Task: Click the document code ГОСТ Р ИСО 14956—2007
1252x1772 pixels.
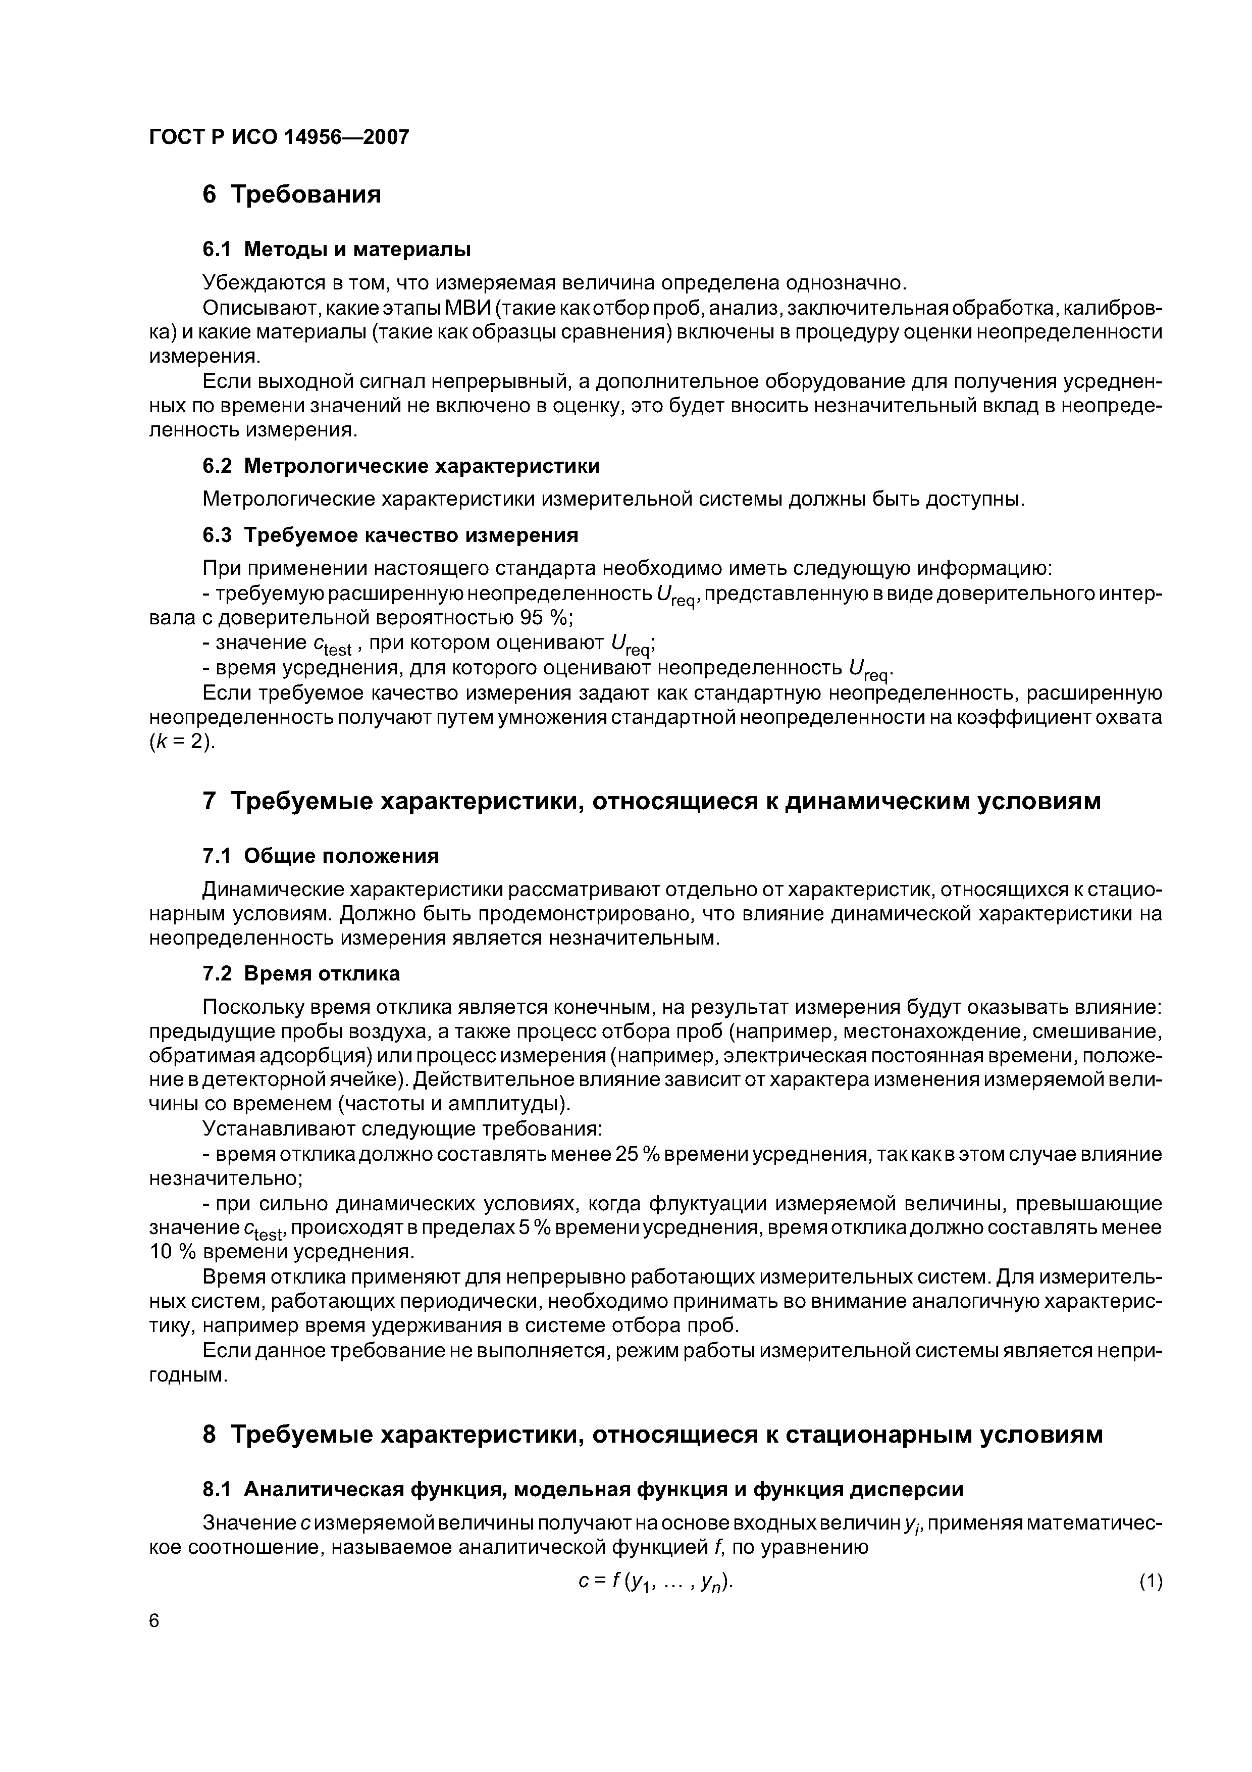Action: (279, 137)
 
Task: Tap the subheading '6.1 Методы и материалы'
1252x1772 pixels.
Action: (336, 250)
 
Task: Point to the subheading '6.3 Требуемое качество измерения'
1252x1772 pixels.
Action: (390, 535)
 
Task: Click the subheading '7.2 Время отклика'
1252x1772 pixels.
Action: (301, 973)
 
